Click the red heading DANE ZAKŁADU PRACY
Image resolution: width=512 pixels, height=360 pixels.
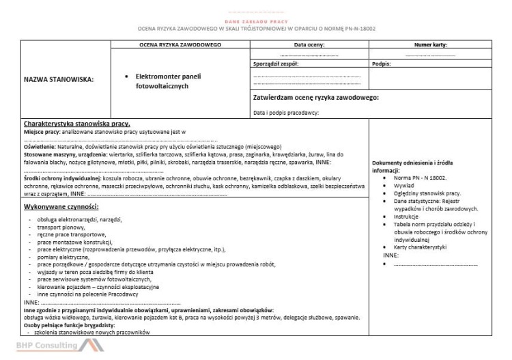pos(255,22)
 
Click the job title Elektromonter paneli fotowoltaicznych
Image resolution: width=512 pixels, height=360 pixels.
pos(169,81)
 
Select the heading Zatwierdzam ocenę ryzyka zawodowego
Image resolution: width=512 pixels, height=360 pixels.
pos(315,97)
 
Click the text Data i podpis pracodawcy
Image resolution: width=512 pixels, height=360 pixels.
pos(286,112)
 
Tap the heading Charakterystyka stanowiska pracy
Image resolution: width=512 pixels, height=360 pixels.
pos(72,123)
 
